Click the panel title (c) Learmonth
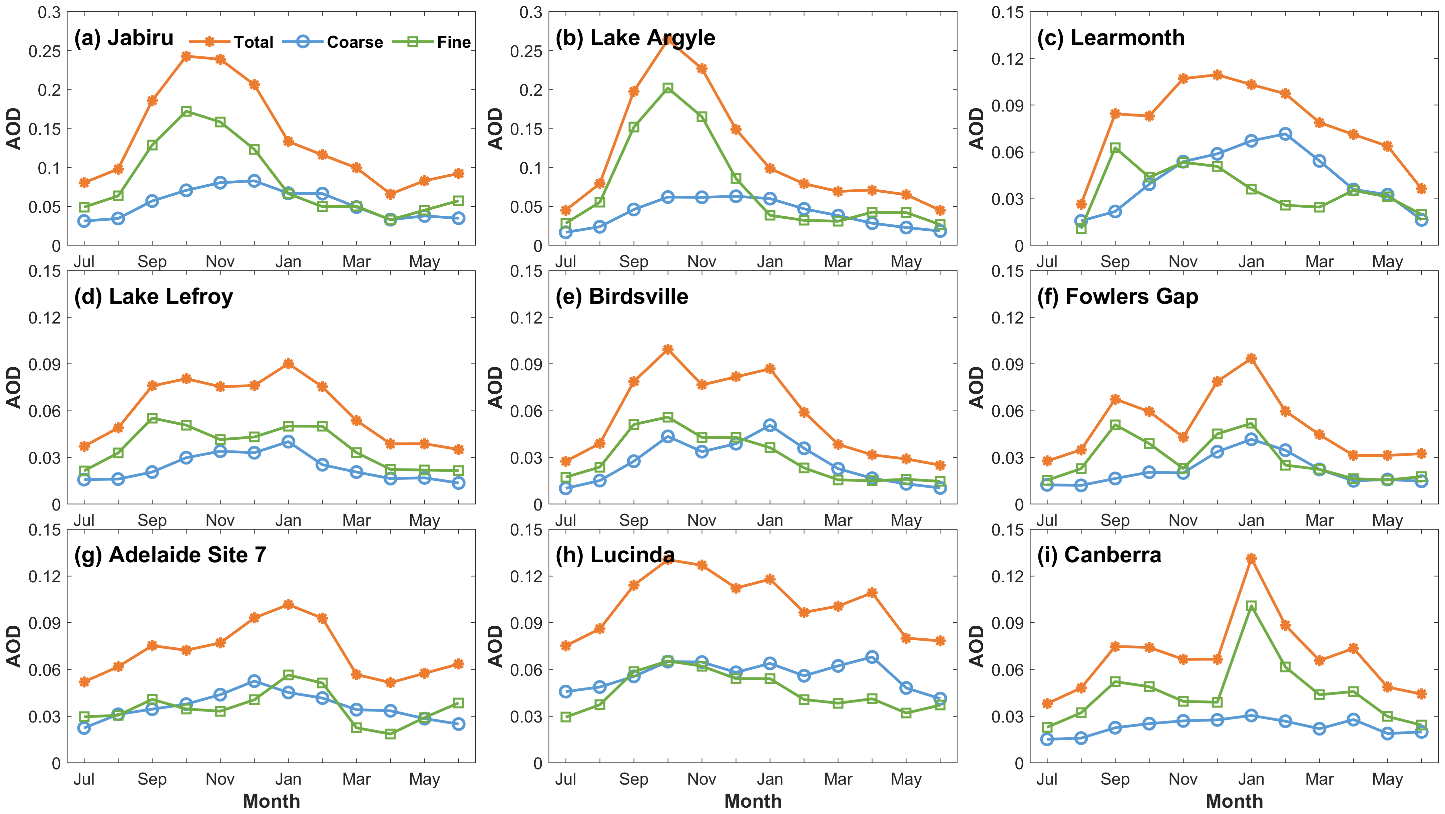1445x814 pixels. pyautogui.click(x=1111, y=38)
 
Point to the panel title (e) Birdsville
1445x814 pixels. pyautogui.click(x=621, y=296)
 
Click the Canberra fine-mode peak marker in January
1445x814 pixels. pyautogui.click(x=1251, y=606)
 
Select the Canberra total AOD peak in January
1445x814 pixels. pyautogui.click(x=1251, y=559)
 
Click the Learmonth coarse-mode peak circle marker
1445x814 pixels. pyautogui.click(x=1285, y=134)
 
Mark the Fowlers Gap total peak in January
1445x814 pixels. pyautogui.click(x=1251, y=358)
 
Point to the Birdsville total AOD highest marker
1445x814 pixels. pyautogui.click(x=667, y=349)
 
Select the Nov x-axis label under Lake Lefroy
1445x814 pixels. pyautogui.click(x=220, y=521)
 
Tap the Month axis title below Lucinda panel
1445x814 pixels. pyautogui.click(x=753, y=801)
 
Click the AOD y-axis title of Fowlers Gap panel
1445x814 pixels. pyautogui.click(x=977, y=387)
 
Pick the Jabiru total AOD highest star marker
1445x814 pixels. pyautogui.click(x=186, y=56)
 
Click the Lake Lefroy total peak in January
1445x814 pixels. pyautogui.click(x=288, y=364)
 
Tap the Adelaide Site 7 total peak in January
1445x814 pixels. pyautogui.click(x=288, y=605)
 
